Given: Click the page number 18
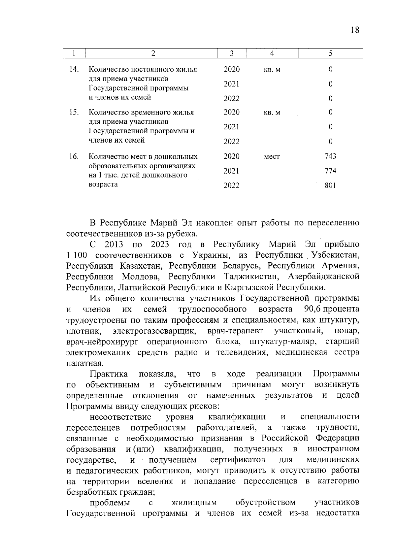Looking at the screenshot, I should click(355, 30).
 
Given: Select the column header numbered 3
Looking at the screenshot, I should click(232, 53).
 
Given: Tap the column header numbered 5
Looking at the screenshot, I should click(330, 53).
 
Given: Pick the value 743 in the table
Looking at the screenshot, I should click(330, 156).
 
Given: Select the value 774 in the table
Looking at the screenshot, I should click(330, 171).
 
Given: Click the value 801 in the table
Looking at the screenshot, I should click(330, 185).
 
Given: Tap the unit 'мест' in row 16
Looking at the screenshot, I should click(272, 157).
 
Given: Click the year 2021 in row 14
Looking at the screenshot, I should click(232, 84).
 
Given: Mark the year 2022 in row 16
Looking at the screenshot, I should click(232, 186).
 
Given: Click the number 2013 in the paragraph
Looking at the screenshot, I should click(114, 245).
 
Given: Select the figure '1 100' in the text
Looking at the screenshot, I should click(77, 255).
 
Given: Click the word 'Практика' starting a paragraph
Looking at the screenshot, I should click(109, 374).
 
